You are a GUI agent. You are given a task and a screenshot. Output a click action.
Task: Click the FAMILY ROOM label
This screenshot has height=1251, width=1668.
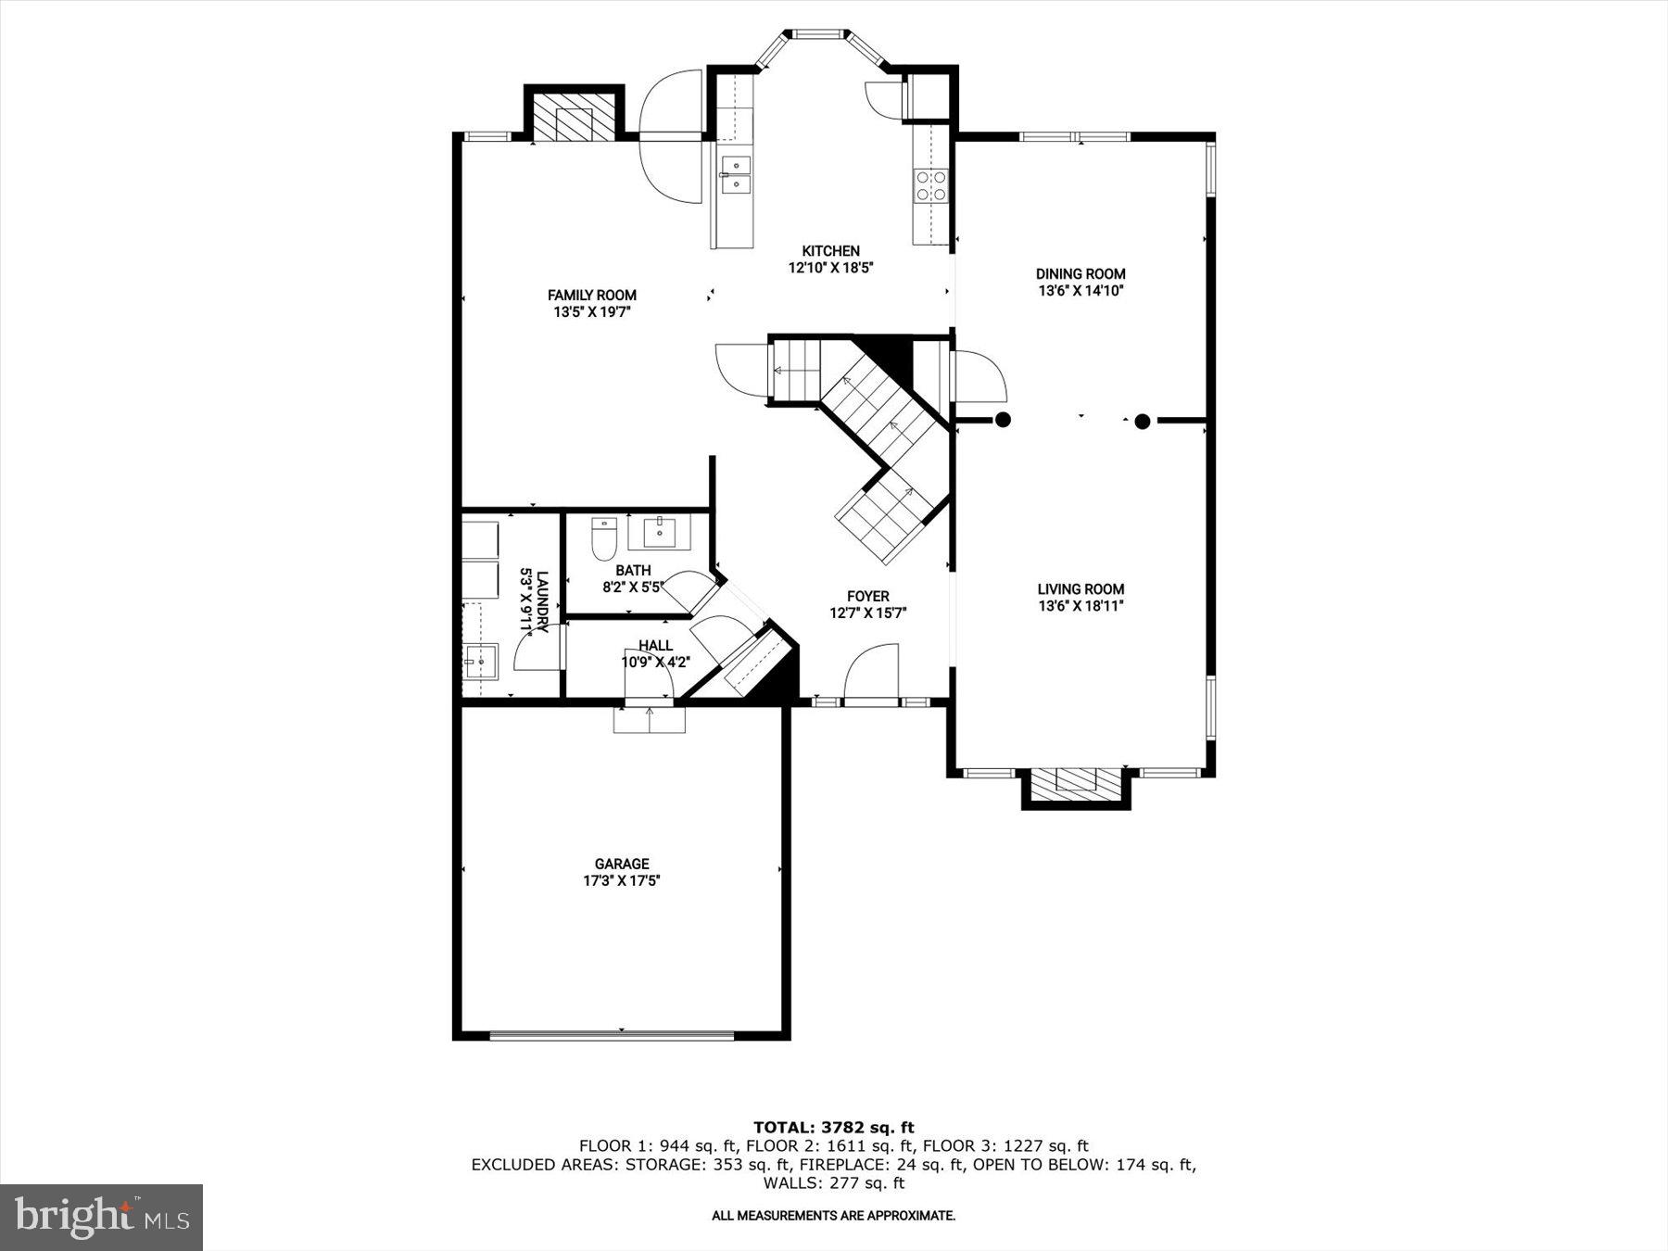pos(591,296)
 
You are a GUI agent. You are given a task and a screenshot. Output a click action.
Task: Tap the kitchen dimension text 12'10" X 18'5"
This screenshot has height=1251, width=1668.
pos(830,268)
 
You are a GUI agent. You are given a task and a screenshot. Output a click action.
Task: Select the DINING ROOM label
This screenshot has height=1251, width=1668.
pos(1080,273)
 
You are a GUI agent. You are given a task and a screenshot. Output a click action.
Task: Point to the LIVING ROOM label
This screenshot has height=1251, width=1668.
pos(1080,589)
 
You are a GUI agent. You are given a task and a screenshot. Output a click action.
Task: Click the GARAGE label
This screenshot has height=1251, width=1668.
pos(621,864)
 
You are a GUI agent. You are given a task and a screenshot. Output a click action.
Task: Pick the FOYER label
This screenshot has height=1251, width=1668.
pos(867,597)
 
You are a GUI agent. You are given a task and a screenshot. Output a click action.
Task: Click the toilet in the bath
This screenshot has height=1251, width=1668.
pos(604,537)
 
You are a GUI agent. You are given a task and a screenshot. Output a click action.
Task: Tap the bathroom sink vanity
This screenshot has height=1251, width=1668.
pos(659,532)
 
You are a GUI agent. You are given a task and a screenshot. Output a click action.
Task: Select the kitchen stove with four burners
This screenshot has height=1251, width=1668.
pos(930,185)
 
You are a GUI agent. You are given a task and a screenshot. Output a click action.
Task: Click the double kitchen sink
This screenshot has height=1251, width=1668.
pos(736,175)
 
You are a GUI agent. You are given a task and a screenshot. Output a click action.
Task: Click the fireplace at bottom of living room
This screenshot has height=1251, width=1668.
pos(1075,783)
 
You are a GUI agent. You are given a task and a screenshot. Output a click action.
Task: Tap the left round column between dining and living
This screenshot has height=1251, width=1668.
pos(1003,420)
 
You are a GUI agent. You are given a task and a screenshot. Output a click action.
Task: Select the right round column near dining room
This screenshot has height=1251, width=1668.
pos(1142,422)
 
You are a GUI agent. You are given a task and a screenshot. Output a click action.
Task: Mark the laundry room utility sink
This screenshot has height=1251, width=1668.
pos(480,662)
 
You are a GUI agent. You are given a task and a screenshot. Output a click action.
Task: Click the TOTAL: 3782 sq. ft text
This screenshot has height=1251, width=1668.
pos(833,1127)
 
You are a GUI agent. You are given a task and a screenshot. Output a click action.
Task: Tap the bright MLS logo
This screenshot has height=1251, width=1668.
pos(101,1217)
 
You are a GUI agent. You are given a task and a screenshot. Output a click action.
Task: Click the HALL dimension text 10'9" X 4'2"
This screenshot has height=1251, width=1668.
pos(654,663)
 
